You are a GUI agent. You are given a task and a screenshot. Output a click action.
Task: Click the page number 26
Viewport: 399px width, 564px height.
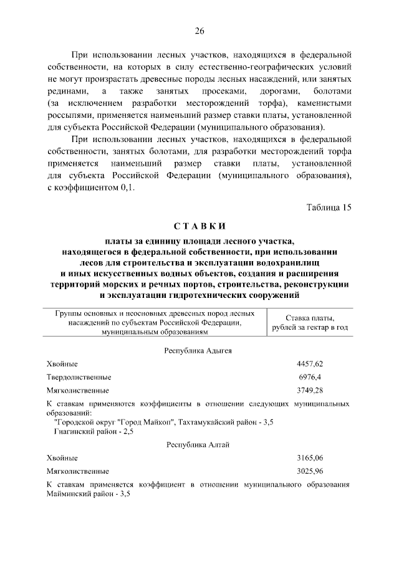point(199,31)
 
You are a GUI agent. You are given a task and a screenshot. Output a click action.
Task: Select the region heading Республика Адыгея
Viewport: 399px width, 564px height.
point(198,350)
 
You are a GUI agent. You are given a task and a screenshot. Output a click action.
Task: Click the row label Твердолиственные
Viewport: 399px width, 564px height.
point(79,377)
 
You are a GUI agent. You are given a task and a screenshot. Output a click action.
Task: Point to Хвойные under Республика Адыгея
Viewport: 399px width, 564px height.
point(62,363)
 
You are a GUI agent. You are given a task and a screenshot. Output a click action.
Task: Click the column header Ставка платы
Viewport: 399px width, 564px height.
point(310,318)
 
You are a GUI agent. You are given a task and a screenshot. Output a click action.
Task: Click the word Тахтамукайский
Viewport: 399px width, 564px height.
point(205,423)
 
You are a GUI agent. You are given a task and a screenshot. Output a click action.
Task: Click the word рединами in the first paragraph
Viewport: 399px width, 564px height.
point(66,92)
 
